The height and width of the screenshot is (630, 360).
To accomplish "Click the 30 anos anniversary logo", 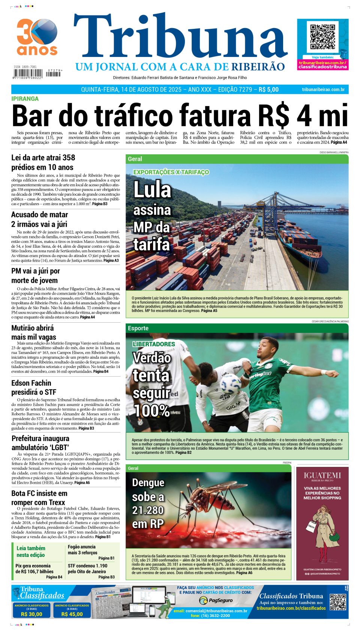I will [37, 37].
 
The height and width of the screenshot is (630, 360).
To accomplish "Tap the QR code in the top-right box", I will [322, 37].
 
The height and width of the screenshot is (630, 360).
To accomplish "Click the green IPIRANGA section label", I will [25, 99].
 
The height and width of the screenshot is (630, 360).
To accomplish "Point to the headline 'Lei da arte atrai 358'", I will [43, 158].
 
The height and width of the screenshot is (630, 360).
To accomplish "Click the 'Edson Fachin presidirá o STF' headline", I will [34, 388].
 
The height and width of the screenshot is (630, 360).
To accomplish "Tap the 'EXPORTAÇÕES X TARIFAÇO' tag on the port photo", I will [171, 172].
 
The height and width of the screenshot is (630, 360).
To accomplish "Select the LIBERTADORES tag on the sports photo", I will [154, 344].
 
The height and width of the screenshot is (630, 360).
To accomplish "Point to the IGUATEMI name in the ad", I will [322, 475].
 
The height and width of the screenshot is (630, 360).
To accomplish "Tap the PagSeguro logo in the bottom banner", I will [216, 600].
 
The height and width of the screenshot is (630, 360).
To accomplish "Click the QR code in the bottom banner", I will [337, 602].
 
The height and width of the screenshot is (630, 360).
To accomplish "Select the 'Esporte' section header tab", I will [138, 328].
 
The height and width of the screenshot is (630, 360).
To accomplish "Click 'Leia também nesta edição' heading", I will [31, 552].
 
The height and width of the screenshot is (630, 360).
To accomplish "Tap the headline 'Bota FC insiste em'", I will [39, 493].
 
